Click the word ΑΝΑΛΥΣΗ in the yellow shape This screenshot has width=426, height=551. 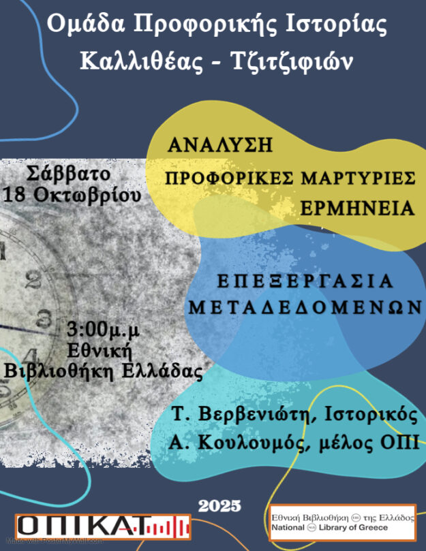tap(220, 145)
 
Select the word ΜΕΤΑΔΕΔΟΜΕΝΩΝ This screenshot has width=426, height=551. tap(304, 307)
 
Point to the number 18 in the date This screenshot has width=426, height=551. tap(16, 195)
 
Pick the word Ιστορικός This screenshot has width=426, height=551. tap(374, 415)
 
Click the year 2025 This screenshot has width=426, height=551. tap(219, 506)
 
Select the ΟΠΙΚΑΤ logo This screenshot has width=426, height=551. tap(102, 526)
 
